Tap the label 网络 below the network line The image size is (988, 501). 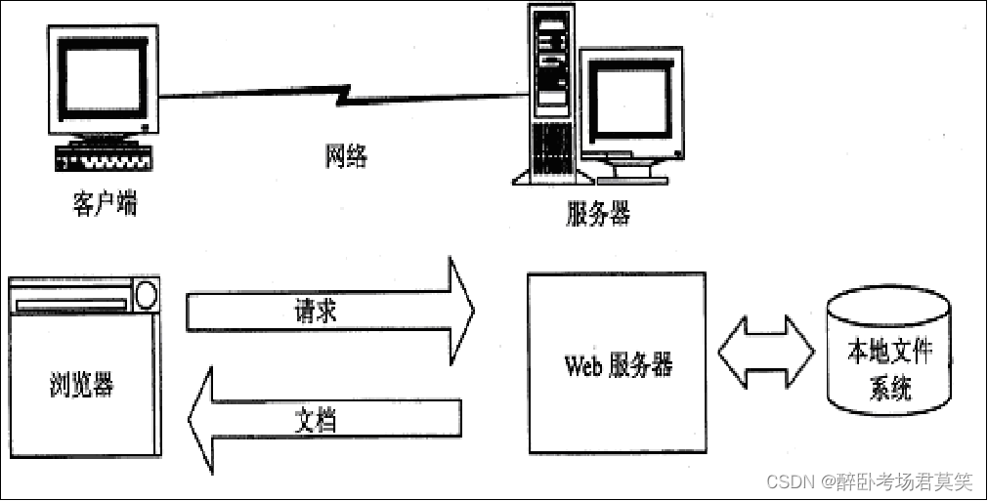coord(346,155)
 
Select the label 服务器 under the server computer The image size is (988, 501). coord(598,213)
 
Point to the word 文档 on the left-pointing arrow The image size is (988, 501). coord(317,419)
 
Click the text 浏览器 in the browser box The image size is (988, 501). coord(81,385)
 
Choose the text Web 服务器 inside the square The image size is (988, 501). coord(618,365)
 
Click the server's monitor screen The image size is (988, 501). coord(627,102)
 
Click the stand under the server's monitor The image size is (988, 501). coord(625,175)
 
